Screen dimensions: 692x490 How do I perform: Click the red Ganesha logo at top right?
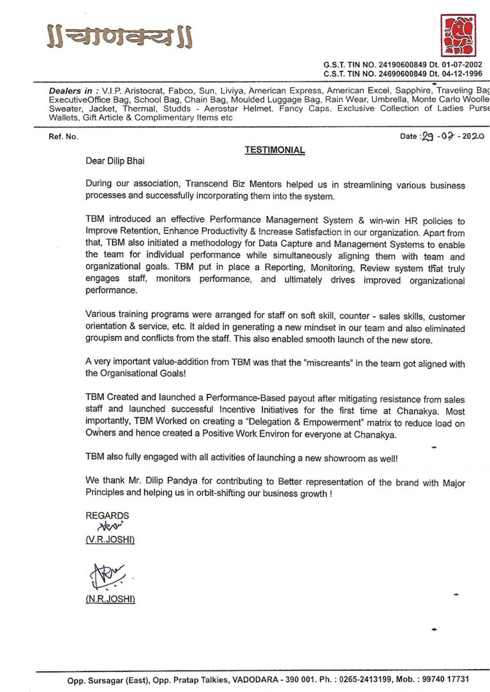pyautogui.click(x=459, y=36)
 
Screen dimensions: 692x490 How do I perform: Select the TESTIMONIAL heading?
pyautogui.click(x=274, y=151)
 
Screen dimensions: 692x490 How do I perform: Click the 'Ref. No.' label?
pyautogui.click(x=63, y=136)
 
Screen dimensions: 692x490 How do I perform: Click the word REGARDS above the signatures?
pyautogui.click(x=107, y=515)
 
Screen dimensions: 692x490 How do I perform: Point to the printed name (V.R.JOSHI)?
pyautogui.click(x=110, y=540)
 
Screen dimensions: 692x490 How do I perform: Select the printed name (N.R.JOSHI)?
pyautogui.click(x=110, y=599)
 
